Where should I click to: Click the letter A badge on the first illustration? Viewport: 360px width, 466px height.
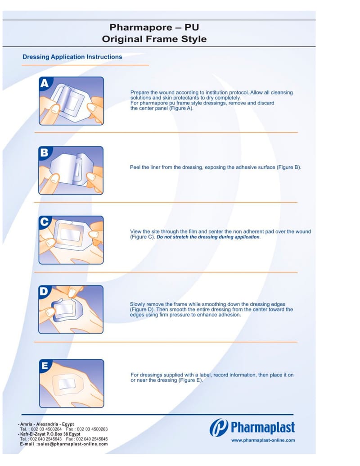pos(45,83)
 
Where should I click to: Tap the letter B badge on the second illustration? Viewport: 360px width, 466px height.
pos(44,153)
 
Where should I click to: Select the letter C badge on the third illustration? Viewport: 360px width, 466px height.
pos(44,222)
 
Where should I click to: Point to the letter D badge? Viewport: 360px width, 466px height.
pos(44,291)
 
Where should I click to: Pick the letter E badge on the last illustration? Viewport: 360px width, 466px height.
pos(45,365)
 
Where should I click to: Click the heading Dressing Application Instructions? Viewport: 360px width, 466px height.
pos(72,57)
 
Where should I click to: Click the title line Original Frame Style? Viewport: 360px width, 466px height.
pos(154,39)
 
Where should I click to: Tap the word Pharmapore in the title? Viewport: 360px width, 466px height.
pos(141,27)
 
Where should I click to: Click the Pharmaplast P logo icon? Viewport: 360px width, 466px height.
pos(219,428)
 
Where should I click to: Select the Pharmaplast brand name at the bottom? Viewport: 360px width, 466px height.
pos(263,427)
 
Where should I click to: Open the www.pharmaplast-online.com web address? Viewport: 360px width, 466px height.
pos(263,440)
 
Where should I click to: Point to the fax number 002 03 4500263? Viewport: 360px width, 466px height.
pos(92,429)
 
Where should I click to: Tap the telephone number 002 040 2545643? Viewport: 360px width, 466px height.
pos(46,439)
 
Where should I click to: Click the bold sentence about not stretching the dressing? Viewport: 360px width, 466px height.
pos(208,237)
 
